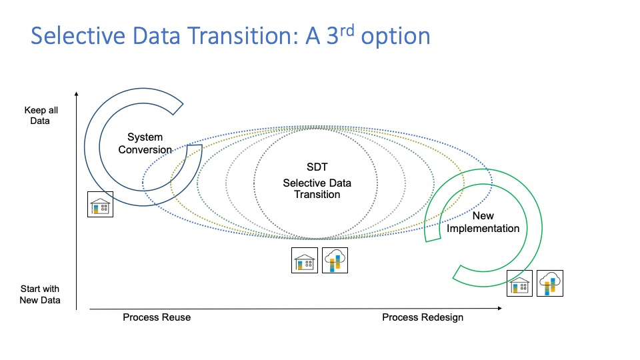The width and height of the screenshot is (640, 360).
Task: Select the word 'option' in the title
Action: [x=397, y=37]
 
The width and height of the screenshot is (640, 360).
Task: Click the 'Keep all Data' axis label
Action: [x=37, y=115]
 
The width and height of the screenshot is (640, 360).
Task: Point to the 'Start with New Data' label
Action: [x=40, y=295]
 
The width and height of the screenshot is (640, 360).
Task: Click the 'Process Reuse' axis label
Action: [x=157, y=317]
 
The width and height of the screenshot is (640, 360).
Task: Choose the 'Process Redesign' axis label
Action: [x=423, y=317]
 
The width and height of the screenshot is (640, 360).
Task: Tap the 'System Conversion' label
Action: [x=145, y=144]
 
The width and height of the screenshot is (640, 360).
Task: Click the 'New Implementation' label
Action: [x=483, y=222]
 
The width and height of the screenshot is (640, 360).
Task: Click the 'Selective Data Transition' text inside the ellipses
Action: [x=317, y=189]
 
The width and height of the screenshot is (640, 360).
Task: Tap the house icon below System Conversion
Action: [x=101, y=204]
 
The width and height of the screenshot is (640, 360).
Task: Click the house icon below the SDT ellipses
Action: [x=305, y=260]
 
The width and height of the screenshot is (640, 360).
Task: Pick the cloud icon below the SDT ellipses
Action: [x=335, y=260]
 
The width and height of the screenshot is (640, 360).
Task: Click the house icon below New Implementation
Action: [x=519, y=283]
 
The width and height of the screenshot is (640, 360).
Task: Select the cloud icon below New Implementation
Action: [x=550, y=283]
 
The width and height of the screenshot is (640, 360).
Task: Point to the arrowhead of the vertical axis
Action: [x=77, y=94]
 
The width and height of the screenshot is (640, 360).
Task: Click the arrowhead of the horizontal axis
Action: [x=499, y=309]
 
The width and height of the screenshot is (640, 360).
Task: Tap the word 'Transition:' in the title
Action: [x=241, y=35]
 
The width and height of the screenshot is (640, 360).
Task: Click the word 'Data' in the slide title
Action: [x=159, y=35]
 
